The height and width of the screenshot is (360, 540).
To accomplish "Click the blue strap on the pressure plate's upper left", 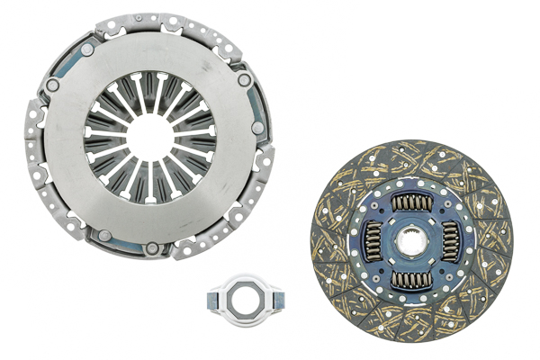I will (x=67, y=63).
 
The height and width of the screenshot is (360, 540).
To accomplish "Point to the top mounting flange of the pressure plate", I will (x=148, y=19).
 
